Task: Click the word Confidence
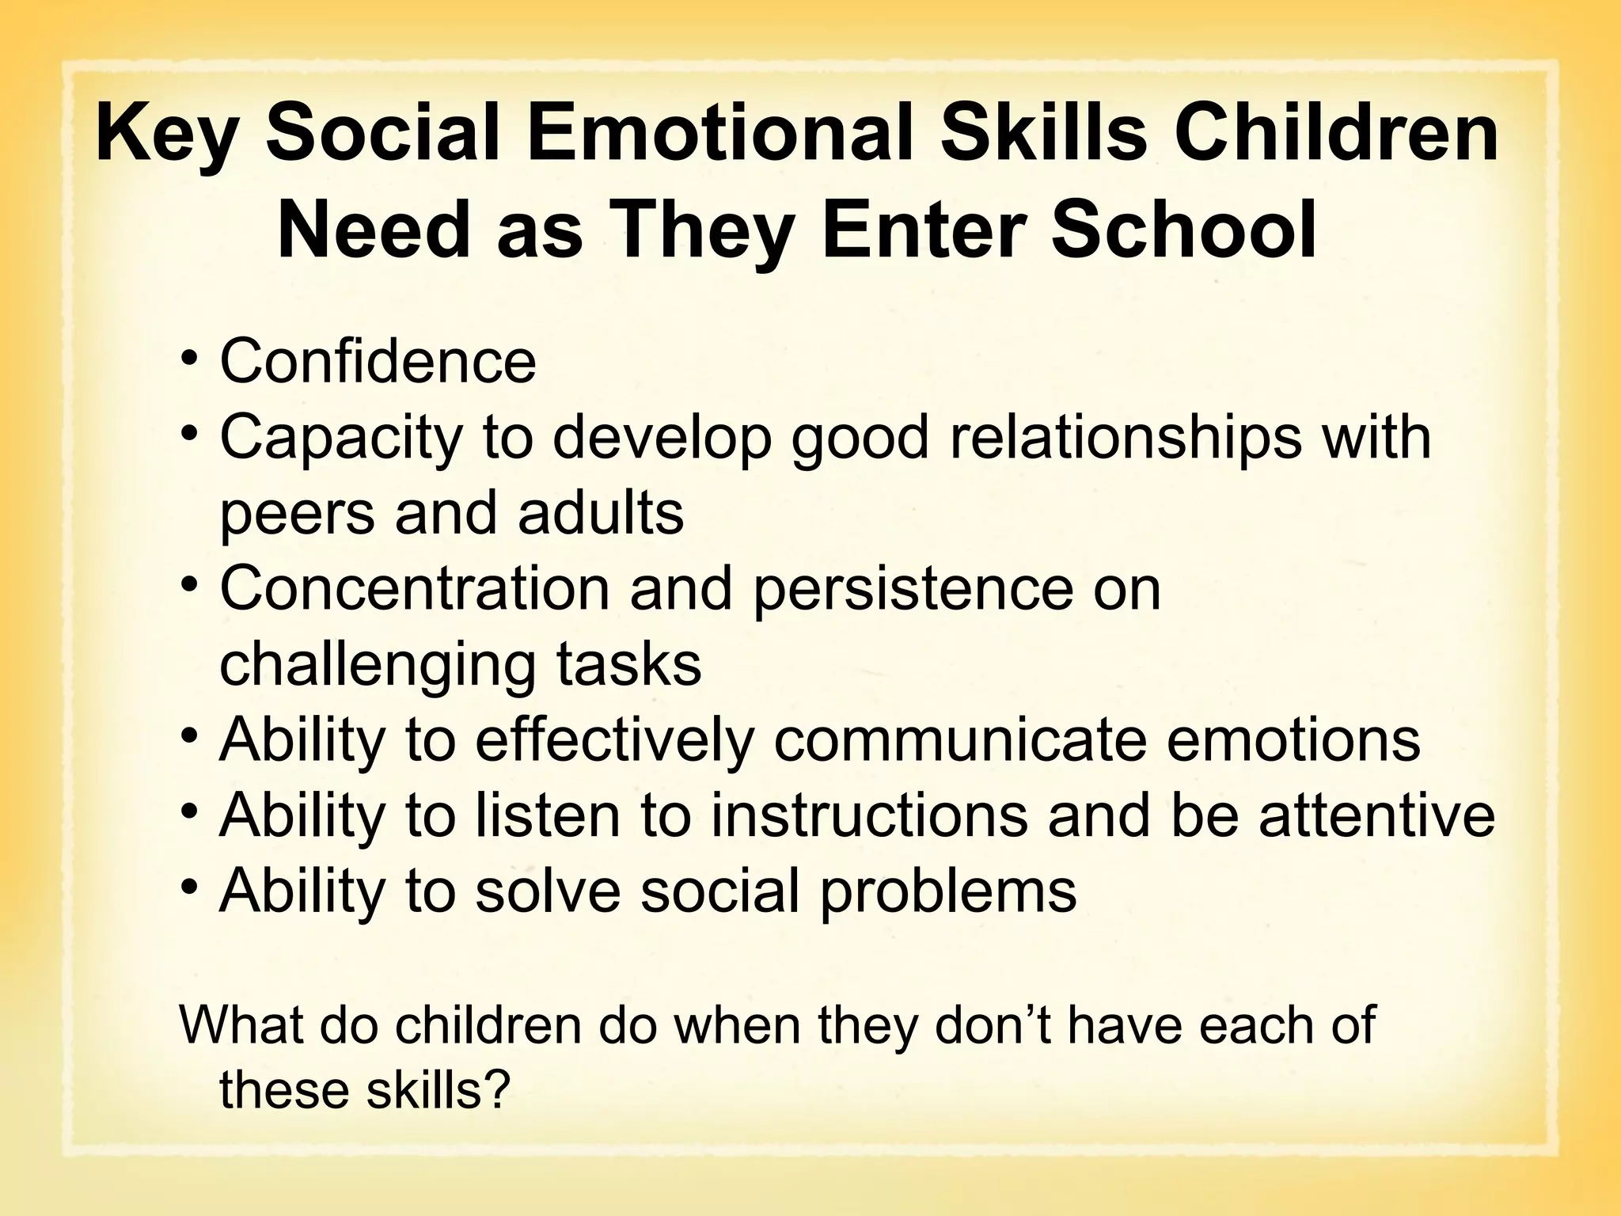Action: (x=378, y=361)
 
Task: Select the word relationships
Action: (x=1126, y=437)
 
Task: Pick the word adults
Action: (x=601, y=512)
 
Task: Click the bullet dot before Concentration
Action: (x=188, y=586)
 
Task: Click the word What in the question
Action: (x=241, y=1025)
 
